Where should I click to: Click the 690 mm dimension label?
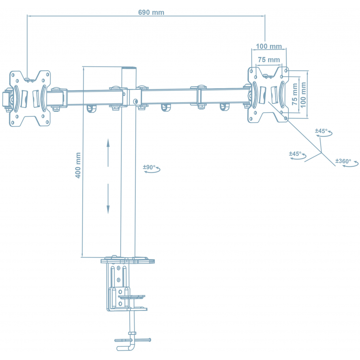[151, 12]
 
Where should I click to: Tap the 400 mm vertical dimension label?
[78, 165]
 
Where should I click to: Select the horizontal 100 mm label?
[269, 46]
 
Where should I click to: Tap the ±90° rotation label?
[149, 167]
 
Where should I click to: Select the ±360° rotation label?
[343, 161]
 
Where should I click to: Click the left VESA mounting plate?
[30, 98]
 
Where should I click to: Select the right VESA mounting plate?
[268, 94]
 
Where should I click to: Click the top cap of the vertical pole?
[128, 67]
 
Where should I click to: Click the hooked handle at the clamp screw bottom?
[127, 346]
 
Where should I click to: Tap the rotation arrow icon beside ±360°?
[351, 165]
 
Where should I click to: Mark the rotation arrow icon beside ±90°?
[155, 171]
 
